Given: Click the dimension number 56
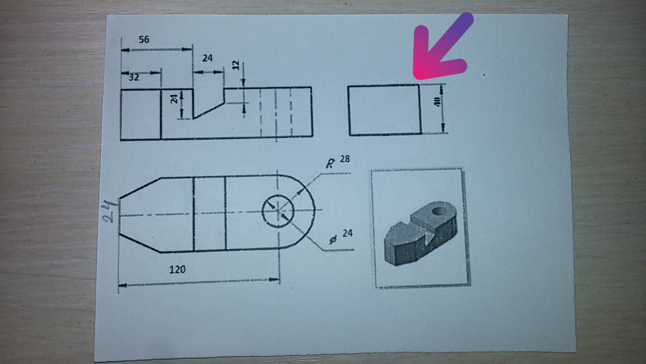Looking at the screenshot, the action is (144, 39).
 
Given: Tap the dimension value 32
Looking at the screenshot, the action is (134, 78).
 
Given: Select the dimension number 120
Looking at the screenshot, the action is (177, 270).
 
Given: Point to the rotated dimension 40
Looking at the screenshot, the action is (437, 102).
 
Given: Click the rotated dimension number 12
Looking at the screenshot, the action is (236, 65).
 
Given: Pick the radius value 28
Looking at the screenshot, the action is (345, 159).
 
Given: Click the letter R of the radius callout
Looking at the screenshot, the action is (329, 164).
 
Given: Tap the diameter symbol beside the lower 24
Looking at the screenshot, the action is (333, 239).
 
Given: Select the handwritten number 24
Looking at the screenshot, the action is (110, 212).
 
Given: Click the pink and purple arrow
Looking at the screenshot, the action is (441, 46).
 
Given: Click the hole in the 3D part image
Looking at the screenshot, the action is (439, 211).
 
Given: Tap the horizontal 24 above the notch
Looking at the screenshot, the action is (207, 58).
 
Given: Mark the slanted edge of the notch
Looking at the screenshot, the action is (209, 111).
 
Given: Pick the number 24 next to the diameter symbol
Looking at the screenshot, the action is (348, 233).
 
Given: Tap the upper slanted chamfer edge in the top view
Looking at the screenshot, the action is (140, 188).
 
